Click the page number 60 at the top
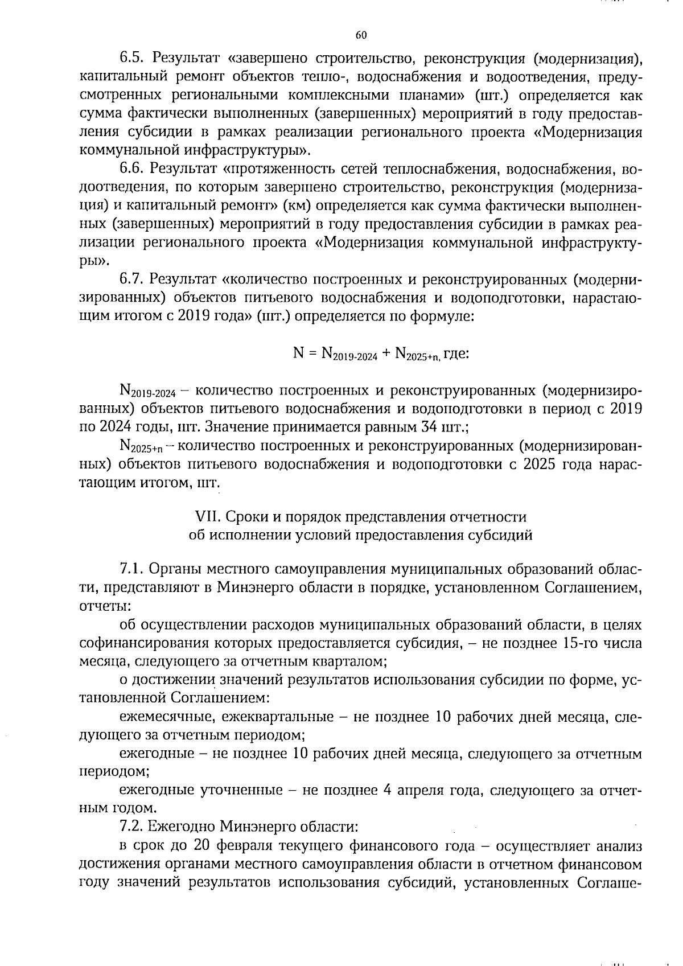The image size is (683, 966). click(x=361, y=35)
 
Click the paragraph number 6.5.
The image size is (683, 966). click(x=133, y=59)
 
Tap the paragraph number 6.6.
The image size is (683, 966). click(x=133, y=169)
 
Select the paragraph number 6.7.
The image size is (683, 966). click(x=133, y=279)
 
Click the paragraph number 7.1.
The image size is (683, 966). click(x=133, y=569)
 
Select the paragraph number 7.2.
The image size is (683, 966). click(x=133, y=827)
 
